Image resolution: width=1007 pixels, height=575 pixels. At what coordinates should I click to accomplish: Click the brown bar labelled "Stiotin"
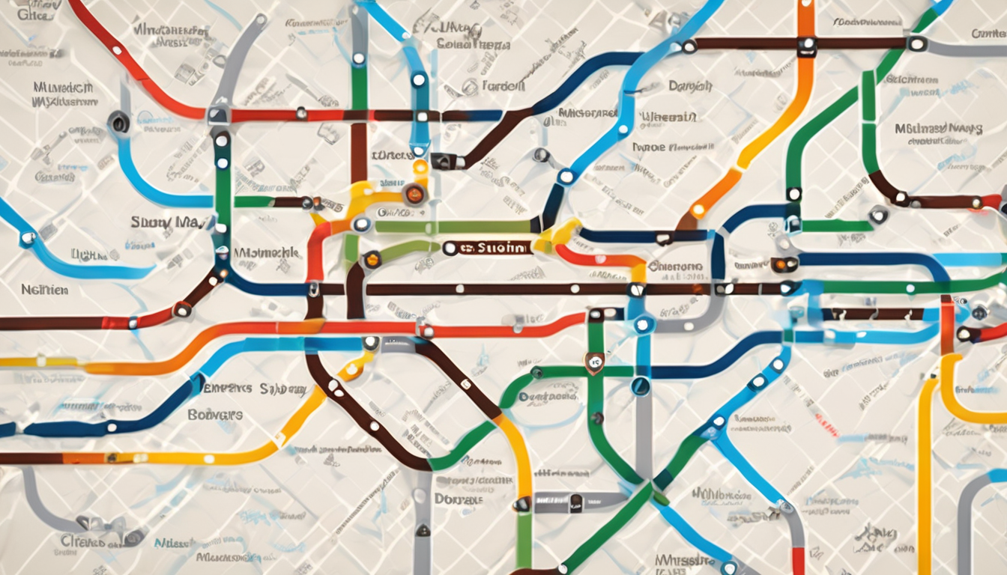click(491, 248)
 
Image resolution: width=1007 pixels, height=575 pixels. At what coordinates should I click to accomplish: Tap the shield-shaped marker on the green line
click(594, 363)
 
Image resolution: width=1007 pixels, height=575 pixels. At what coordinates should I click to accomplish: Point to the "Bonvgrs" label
click(215, 414)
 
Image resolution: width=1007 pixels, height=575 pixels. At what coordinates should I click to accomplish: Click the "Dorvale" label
click(459, 499)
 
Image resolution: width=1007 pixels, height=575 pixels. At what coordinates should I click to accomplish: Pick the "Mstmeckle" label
click(267, 253)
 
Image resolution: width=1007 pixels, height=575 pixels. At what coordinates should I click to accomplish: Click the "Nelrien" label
click(45, 288)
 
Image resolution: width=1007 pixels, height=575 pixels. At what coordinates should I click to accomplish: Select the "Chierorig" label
click(675, 266)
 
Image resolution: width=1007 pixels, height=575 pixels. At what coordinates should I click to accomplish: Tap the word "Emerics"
click(227, 389)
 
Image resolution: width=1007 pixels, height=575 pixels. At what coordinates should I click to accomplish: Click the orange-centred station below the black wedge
click(414, 195)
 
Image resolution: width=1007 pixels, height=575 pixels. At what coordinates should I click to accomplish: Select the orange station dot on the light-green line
click(372, 260)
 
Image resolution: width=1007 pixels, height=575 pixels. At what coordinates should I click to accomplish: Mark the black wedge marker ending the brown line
click(442, 160)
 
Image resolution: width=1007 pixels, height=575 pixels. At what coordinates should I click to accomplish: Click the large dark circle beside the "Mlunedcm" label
click(118, 121)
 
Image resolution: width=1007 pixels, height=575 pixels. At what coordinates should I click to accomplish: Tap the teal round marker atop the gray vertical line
click(641, 386)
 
